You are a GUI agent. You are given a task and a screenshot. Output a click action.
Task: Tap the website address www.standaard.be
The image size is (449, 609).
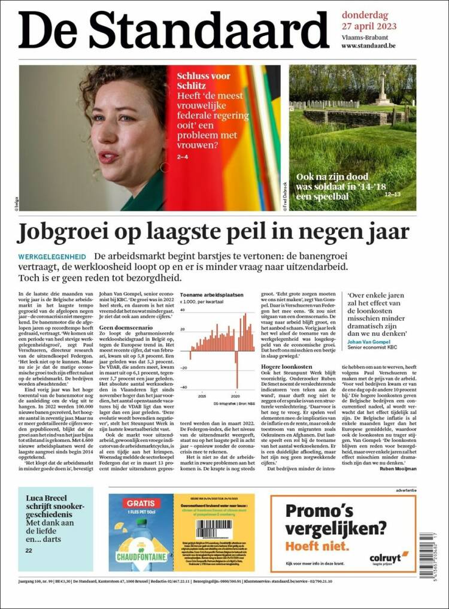tap(368, 46)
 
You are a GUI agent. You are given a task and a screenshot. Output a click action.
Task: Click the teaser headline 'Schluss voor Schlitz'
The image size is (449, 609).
tap(204, 81)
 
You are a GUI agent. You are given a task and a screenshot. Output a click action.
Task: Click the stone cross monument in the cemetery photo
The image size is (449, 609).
tap(382, 90)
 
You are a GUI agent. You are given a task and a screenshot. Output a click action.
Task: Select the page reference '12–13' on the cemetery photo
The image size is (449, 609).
tap(393, 195)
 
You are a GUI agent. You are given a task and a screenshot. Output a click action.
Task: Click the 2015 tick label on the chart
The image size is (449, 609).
tap(203, 396)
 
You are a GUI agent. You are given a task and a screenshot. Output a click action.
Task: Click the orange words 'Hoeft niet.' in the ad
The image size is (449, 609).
tap(317, 546)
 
